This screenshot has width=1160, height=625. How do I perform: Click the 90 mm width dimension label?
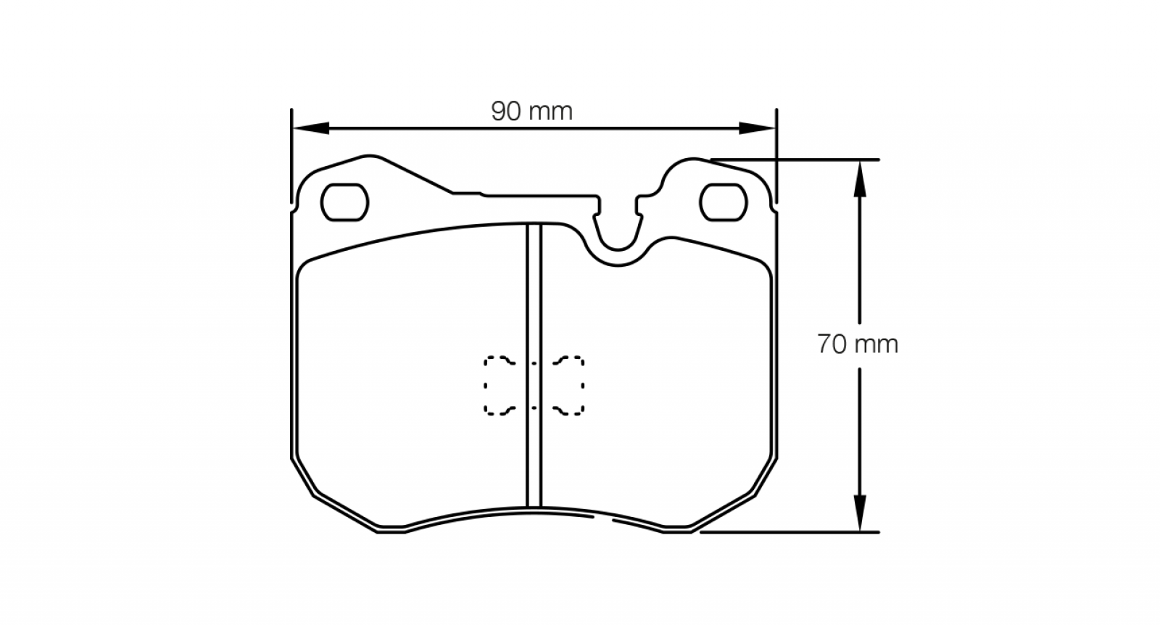point(532,112)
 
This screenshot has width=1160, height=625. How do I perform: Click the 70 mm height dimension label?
point(858,344)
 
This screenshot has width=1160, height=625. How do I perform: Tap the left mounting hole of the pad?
point(344,202)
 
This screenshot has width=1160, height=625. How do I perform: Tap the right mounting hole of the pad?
point(723,202)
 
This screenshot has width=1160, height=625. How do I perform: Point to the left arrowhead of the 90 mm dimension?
point(311,128)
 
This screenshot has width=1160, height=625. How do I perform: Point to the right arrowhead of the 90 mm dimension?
point(757,128)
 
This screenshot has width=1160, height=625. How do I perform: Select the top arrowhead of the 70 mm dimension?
point(860,178)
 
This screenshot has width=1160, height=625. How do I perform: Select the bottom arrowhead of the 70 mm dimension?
point(860,513)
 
